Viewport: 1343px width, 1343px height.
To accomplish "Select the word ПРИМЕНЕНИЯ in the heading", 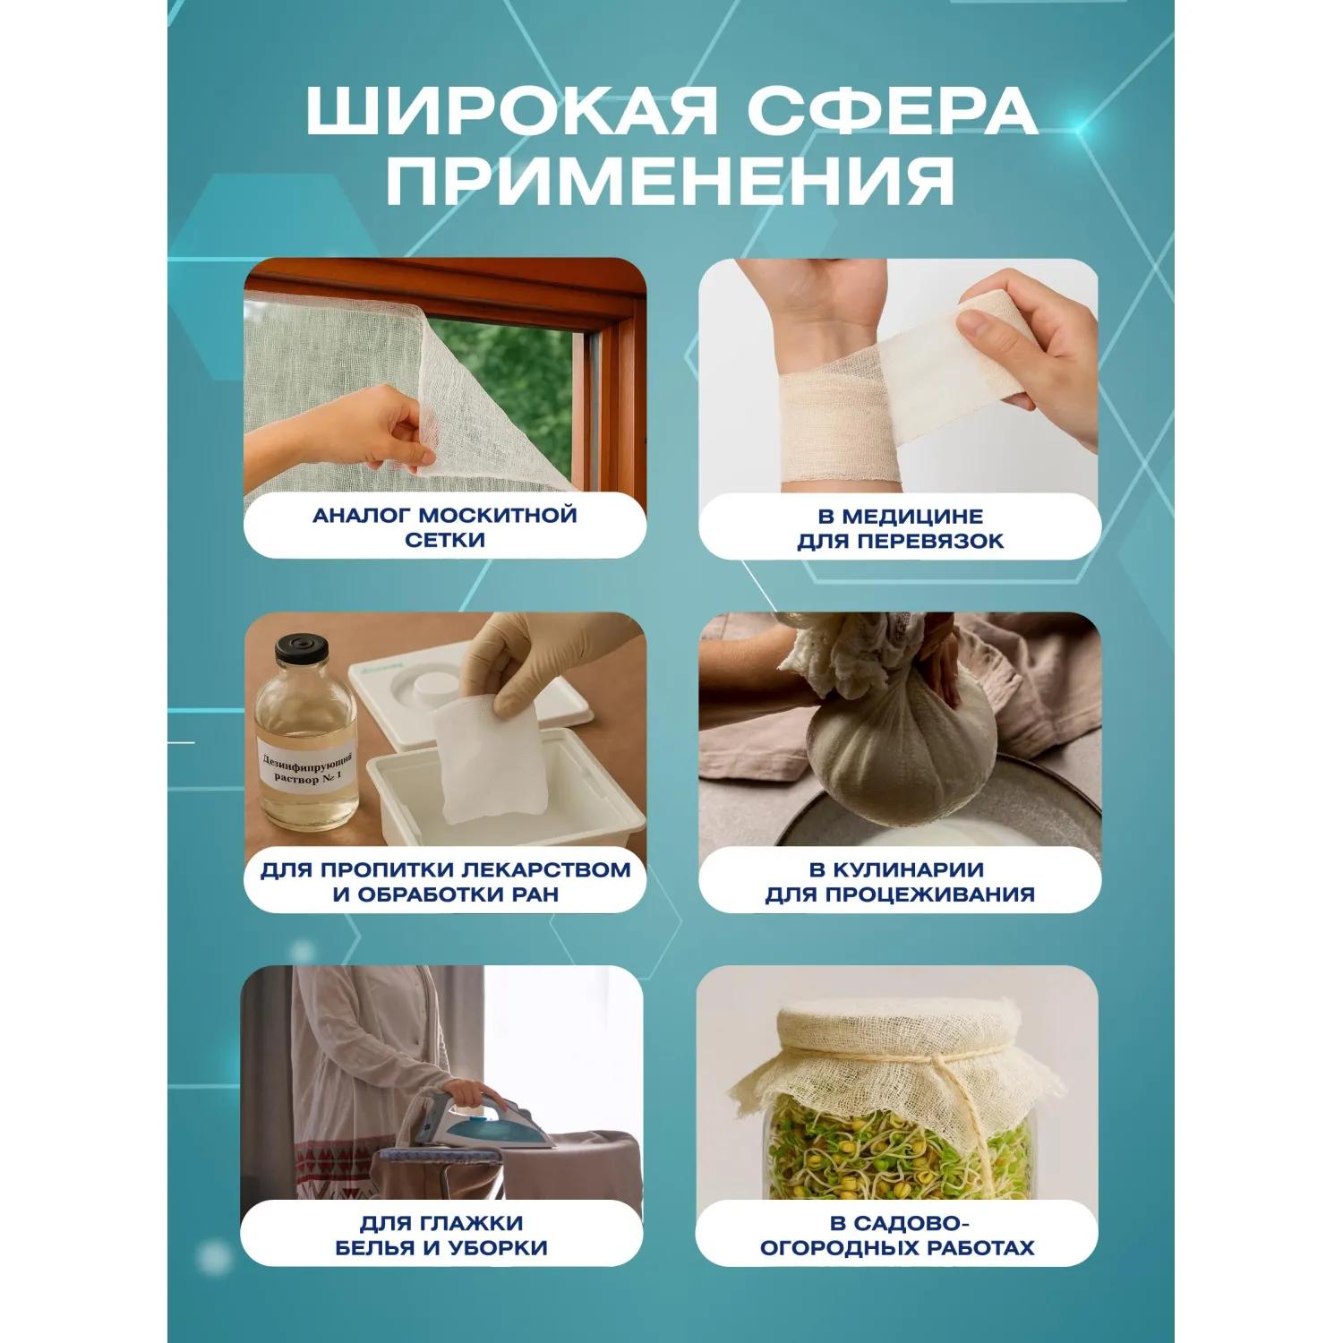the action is [x=671, y=181].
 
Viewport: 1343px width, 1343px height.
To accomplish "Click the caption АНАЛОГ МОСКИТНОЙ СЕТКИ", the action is [x=445, y=527].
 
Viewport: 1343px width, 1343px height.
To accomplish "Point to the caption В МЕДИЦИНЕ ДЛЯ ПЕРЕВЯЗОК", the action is [x=901, y=528].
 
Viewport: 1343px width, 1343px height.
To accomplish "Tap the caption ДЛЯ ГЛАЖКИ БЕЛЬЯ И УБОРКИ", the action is [x=441, y=1236].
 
